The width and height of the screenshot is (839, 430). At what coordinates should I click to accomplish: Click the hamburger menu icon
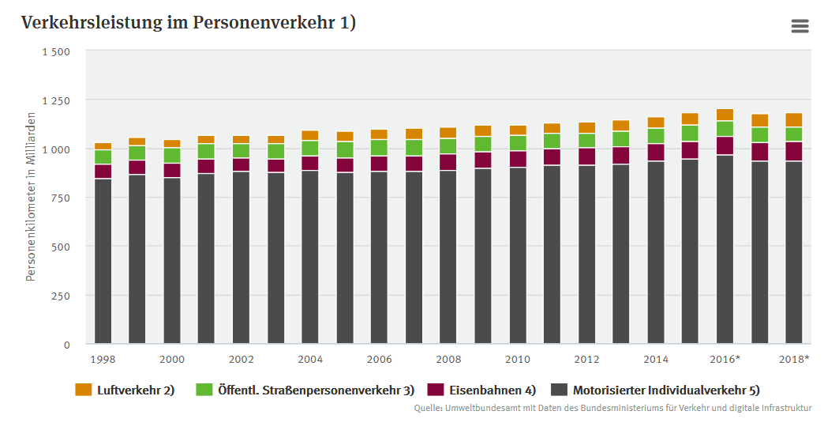tap(800, 26)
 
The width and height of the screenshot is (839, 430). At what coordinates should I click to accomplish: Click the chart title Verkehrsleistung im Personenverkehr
tap(189, 23)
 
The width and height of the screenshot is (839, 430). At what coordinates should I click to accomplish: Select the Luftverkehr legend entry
tap(125, 390)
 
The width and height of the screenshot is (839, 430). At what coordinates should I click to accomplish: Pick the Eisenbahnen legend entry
tap(482, 390)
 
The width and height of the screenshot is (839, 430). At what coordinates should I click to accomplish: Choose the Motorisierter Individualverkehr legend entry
tap(655, 390)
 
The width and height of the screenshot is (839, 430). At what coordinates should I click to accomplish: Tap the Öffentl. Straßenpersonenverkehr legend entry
tap(305, 390)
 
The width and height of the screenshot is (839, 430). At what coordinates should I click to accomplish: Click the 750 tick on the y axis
tap(61, 198)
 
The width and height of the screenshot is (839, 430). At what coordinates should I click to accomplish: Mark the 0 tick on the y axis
tap(67, 345)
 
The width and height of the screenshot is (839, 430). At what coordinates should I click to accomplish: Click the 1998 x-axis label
tap(103, 360)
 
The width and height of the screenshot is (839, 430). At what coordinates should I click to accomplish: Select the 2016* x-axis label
tap(725, 360)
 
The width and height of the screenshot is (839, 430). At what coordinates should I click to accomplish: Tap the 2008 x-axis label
tap(448, 360)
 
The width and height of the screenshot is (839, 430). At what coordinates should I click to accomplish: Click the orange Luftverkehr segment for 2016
tap(725, 115)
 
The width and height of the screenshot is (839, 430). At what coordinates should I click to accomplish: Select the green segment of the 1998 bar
tap(103, 157)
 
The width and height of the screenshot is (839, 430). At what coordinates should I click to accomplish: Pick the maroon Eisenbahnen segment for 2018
tap(794, 151)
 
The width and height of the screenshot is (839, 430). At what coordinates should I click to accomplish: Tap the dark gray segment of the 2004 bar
tap(310, 257)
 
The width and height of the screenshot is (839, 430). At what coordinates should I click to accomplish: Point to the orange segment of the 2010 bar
tap(518, 130)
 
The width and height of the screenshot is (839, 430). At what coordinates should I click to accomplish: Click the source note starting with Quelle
tap(612, 409)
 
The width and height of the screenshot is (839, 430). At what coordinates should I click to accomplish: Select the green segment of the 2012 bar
tap(586, 141)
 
